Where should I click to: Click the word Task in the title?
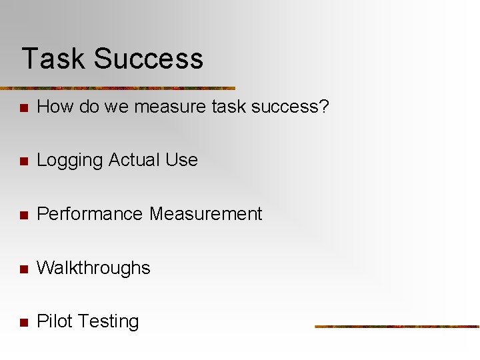(53, 59)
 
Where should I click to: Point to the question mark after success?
(324, 107)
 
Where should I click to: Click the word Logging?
(69, 160)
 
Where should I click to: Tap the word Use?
(182, 160)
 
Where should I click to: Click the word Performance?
(90, 214)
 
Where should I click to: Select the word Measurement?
(206, 214)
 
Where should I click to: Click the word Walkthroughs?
(93, 268)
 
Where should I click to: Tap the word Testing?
(107, 321)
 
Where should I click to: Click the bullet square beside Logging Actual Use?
(23, 161)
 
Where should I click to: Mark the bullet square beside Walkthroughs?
(23, 269)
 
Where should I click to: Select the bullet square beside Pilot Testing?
(23, 323)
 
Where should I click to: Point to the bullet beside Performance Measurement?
(23, 215)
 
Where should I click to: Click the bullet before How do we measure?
(23, 108)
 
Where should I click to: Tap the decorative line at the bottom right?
(397, 327)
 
